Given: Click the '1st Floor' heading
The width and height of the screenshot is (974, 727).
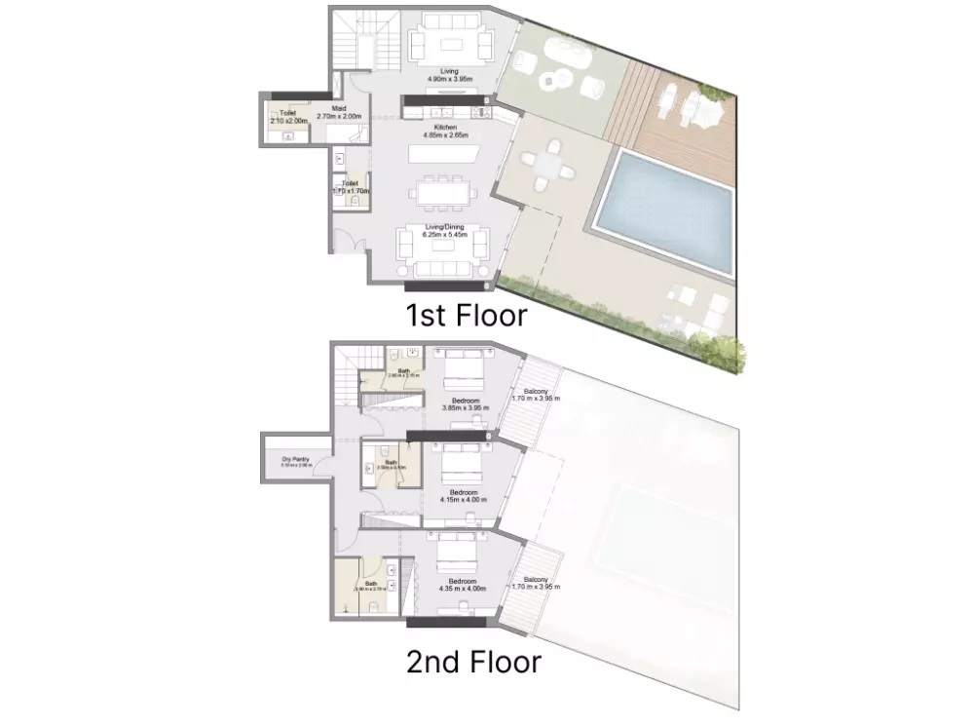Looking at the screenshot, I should click(467, 315).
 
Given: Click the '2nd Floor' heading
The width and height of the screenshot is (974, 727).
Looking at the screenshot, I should click(473, 663).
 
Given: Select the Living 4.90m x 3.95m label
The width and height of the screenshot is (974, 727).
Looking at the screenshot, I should click(449, 75).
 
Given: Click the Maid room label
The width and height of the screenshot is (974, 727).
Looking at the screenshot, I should click(339, 112).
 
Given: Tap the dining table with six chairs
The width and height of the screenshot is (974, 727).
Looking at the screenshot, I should click(443, 192).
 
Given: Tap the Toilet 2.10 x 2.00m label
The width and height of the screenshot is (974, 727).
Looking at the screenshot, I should click(287, 117).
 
